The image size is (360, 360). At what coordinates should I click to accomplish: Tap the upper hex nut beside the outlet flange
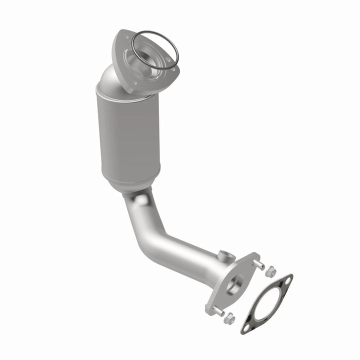pyautogui.click(x=271, y=271)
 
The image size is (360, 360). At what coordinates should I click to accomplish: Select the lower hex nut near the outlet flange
pyautogui.click(x=229, y=318)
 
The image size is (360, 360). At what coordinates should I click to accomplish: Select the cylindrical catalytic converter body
pyautogui.click(x=128, y=135)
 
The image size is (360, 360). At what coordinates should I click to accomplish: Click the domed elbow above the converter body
pyautogui.click(x=112, y=80)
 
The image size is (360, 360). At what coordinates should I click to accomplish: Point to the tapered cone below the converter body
pyautogui.click(x=131, y=184)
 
